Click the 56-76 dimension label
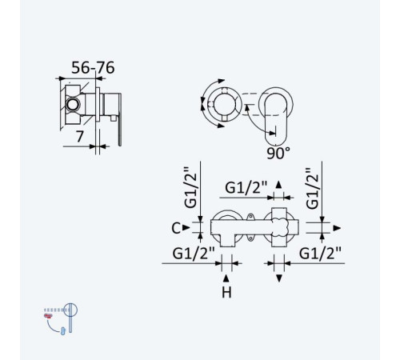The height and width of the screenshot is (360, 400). point(93,67)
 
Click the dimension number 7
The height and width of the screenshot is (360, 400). point(80,137)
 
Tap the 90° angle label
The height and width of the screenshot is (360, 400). point(278,153)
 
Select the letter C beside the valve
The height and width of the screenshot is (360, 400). point(176,228)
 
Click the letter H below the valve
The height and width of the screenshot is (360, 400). point(226,293)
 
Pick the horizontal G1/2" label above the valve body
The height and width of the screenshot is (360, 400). point(246,187)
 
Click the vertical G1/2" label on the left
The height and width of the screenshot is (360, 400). point(190,187)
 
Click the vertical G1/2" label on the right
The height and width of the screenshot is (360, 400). point(312,188)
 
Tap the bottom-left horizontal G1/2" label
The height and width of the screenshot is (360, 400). point(194,253)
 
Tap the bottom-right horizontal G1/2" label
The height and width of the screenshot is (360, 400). point(320,253)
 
